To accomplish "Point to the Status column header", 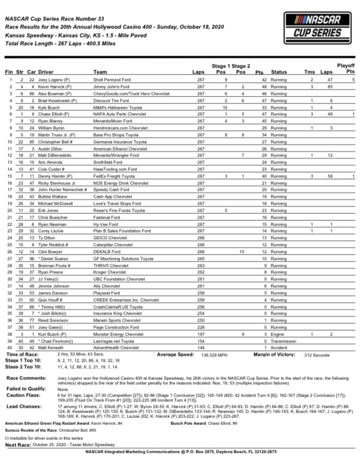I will pyautogui.click(x=279, y=71).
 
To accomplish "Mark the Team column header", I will pyautogui.click(x=100, y=71).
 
